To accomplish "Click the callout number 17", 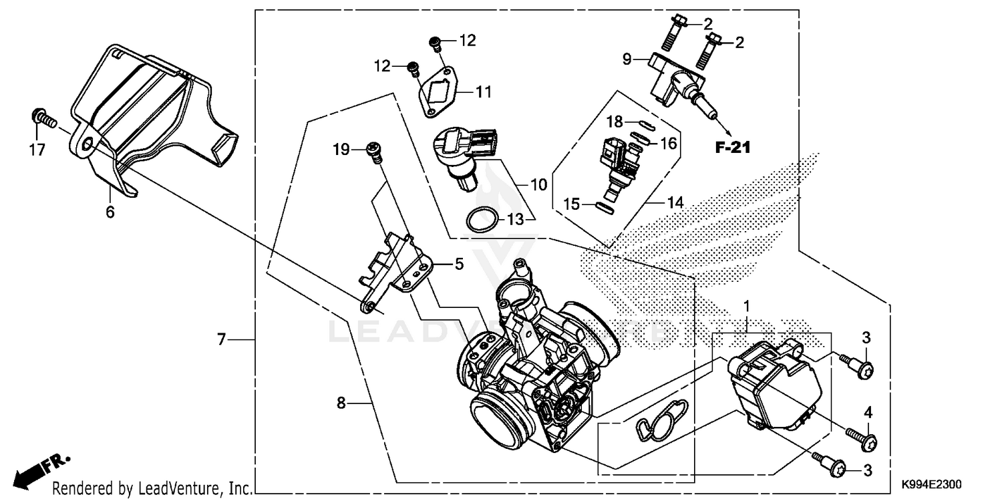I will [x=37, y=150].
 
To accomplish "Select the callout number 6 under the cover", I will [x=110, y=212].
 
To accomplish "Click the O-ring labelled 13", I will [x=481, y=220].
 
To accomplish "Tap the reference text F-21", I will [x=732, y=148].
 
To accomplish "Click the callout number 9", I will [x=627, y=59].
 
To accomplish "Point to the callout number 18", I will [x=615, y=121].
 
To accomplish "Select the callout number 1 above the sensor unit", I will [x=747, y=306].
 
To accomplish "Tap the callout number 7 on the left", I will [x=221, y=340].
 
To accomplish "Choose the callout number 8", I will [x=341, y=403].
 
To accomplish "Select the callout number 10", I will [x=539, y=184].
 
